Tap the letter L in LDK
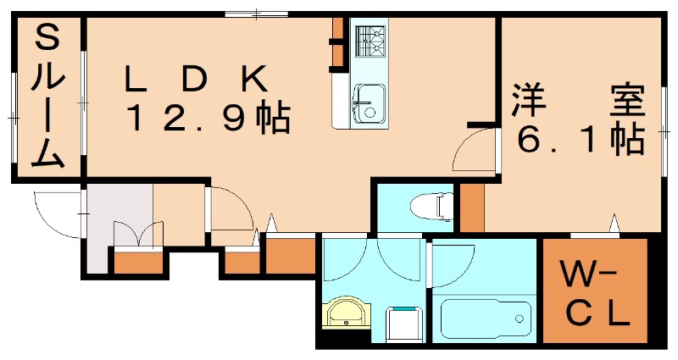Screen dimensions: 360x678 click(x=133, y=80)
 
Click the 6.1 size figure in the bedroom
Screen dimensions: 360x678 click(x=577, y=140)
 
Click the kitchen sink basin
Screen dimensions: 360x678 click(x=368, y=102)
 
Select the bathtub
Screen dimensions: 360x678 click(x=486, y=318)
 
